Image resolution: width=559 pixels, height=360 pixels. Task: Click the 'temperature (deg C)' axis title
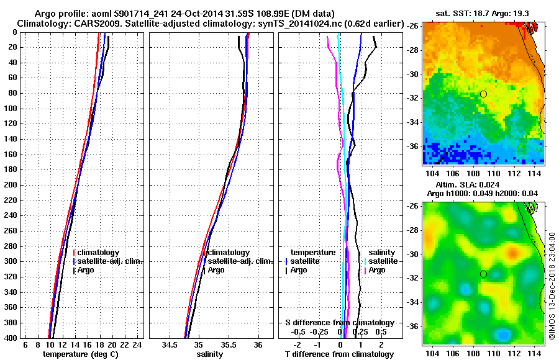tap(80, 354)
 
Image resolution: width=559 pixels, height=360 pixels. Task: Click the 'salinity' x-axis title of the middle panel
tap(209, 354)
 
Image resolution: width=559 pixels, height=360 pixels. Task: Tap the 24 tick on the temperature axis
tap(137, 345)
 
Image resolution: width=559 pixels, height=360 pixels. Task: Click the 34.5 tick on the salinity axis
tap(170, 345)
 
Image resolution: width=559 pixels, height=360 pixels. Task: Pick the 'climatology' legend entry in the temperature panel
tap(99, 253)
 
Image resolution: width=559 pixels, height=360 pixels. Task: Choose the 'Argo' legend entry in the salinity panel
tap(216, 270)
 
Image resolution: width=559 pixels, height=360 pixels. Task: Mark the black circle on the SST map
tap(483, 94)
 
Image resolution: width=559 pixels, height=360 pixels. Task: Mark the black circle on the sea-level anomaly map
tap(483, 274)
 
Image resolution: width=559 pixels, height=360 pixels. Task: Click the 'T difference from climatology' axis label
tap(339, 354)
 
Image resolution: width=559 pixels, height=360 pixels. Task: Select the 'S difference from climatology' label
tap(339, 323)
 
